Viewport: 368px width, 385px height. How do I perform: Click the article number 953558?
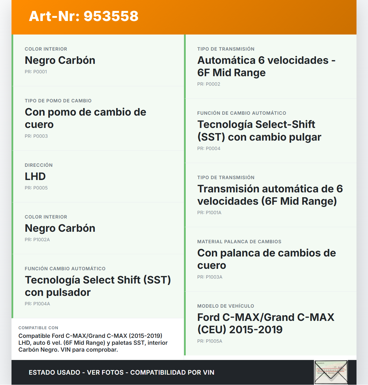[x=111, y=16]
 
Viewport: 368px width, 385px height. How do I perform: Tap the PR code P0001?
[x=36, y=72]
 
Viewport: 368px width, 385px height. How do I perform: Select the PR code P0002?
[x=208, y=84]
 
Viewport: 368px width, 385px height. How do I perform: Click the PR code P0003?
[x=36, y=136]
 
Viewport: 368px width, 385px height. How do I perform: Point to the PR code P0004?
[x=208, y=148]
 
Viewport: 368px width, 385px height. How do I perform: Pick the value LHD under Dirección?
[x=35, y=176]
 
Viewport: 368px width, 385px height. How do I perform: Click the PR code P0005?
[x=36, y=188]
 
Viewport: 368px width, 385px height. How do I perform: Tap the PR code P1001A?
[x=209, y=212]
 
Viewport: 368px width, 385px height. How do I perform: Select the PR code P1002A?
[x=37, y=240]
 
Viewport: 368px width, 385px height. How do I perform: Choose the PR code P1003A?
[x=210, y=277]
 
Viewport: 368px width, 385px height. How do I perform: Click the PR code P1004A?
[x=37, y=304]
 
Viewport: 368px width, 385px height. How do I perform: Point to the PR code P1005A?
[x=210, y=341]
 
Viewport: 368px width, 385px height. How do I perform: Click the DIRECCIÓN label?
[x=39, y=165]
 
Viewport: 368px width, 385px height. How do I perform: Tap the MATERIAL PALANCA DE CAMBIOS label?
[x=239, y=242]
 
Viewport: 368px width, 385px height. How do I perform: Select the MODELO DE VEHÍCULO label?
[x=226, y=306]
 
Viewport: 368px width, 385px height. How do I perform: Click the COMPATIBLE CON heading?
[x=38, y=328]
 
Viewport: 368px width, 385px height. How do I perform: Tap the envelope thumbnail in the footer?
[x=331, y=372]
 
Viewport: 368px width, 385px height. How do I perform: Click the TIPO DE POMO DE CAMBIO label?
[x=58, y=101]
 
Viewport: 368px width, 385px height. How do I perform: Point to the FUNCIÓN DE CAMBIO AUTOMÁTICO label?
[x=241, y=113]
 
